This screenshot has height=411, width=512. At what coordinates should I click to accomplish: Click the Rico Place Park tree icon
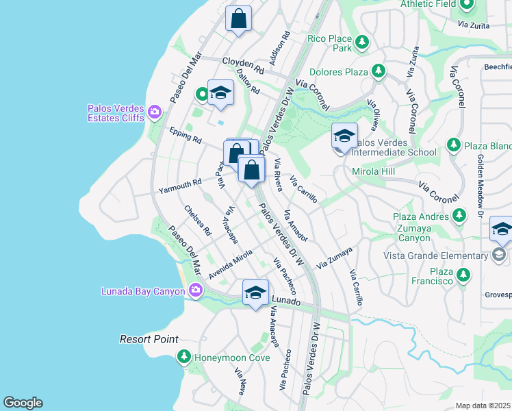pos(361,43)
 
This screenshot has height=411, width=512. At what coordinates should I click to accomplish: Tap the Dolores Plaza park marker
pos(378,71)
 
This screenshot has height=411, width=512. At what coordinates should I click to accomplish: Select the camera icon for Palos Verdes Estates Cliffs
pos(155,111)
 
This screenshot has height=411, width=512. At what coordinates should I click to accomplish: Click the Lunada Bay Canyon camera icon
pos(195,291)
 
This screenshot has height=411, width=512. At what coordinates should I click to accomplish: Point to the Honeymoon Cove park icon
pos(183,357)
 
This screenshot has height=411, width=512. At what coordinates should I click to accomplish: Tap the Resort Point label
pos(149,339)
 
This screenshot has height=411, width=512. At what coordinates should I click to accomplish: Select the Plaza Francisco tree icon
pos(464,275)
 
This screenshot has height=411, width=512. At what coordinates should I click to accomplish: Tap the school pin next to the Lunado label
pos(255,293)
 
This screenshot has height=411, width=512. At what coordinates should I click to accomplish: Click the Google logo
pos(23,403)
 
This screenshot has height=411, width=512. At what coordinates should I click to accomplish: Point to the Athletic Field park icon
pos(467,5)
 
